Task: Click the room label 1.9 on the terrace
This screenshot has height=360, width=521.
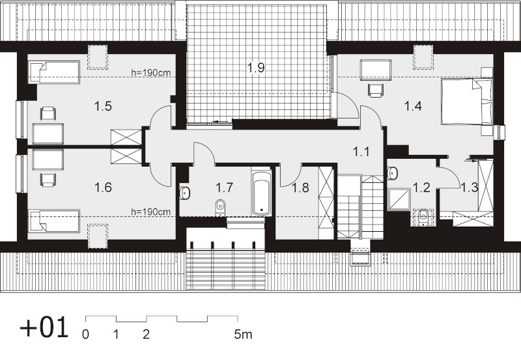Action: tap(256, 68)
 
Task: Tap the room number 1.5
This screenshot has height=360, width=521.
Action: tap(103, 107)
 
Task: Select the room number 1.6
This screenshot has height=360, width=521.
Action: tap(103, 187)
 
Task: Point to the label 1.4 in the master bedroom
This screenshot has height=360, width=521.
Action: tap(413, 106)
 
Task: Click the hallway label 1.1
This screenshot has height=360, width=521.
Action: tap(361, 152)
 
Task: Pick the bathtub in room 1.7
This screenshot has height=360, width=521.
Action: tap(262, 193)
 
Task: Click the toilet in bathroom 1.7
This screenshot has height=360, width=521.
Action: tap(220, 207)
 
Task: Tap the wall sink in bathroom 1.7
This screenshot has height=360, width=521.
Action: tap(184, 193)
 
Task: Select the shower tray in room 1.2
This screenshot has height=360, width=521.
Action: tap(399, 199)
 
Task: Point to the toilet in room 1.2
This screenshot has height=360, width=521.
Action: tap(423, 217)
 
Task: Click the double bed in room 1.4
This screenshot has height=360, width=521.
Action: tap(466, 102)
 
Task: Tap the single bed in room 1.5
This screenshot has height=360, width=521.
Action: tap(54, 72)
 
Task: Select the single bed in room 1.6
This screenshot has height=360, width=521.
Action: tap(54, 221)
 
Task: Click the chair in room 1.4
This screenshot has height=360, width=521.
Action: tap(376, 90)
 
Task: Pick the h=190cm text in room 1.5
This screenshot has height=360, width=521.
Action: tap(151, 73)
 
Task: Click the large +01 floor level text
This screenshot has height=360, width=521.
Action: tap(44, 327)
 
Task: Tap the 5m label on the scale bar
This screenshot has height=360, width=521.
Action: tap(243, 335)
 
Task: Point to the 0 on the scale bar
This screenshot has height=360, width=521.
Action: tap(86, 335)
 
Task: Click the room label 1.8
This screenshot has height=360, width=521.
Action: tap(300, 188)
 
